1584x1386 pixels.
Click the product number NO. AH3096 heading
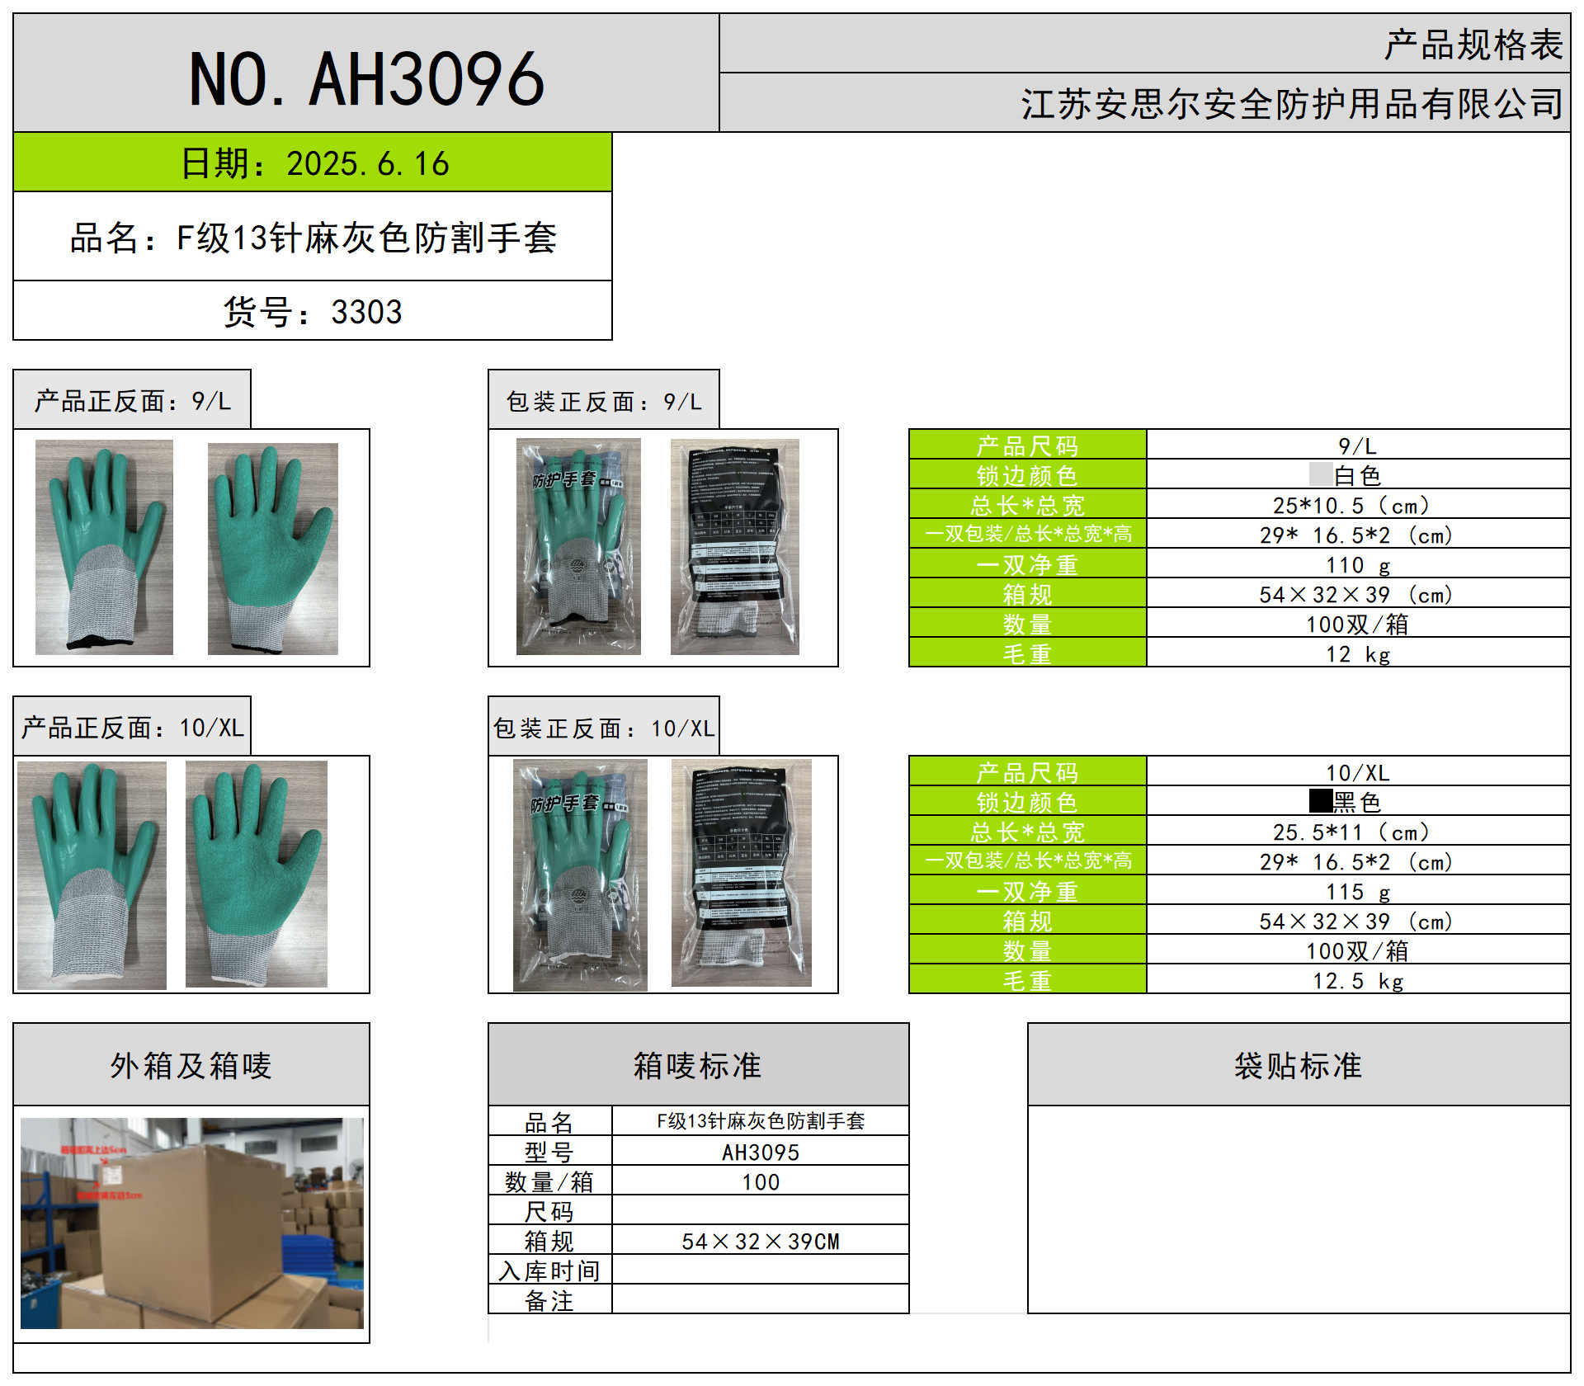coord(366,79)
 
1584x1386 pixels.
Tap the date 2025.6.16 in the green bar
coord(367,163)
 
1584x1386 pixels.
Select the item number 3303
coord(366,312)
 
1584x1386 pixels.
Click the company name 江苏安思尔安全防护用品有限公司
coord(1291,104)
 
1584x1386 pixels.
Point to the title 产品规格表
coord(1473,45)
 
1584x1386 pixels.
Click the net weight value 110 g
coord(1357,565)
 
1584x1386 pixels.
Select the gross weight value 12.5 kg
coord(1357,981)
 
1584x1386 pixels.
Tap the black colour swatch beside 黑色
coord(1320,801)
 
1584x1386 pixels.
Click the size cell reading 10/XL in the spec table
coord(1357,773)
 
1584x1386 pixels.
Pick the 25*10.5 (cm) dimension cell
coord(1357,505)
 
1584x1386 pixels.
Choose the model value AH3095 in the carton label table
coord(760,1153)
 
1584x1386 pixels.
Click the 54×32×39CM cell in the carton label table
coord(760,1242)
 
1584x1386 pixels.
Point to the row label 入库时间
coord(549,1271)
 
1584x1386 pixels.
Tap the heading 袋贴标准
coord(1298,1066)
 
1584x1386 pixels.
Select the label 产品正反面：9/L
coord(132,401)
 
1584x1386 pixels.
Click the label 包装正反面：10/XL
coord(603,728)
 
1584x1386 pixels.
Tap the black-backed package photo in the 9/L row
coord(734,547)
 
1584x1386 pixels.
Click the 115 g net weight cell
coord(1357,892)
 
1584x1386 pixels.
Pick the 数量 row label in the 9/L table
coord(1027,625)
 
